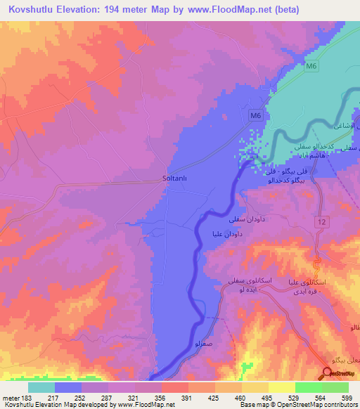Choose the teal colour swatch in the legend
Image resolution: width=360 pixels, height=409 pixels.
click(x=41, y=387)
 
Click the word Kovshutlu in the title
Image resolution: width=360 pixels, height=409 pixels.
click(x=32, y=9)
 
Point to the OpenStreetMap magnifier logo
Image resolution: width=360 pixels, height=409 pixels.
click(x=328, y=375)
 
